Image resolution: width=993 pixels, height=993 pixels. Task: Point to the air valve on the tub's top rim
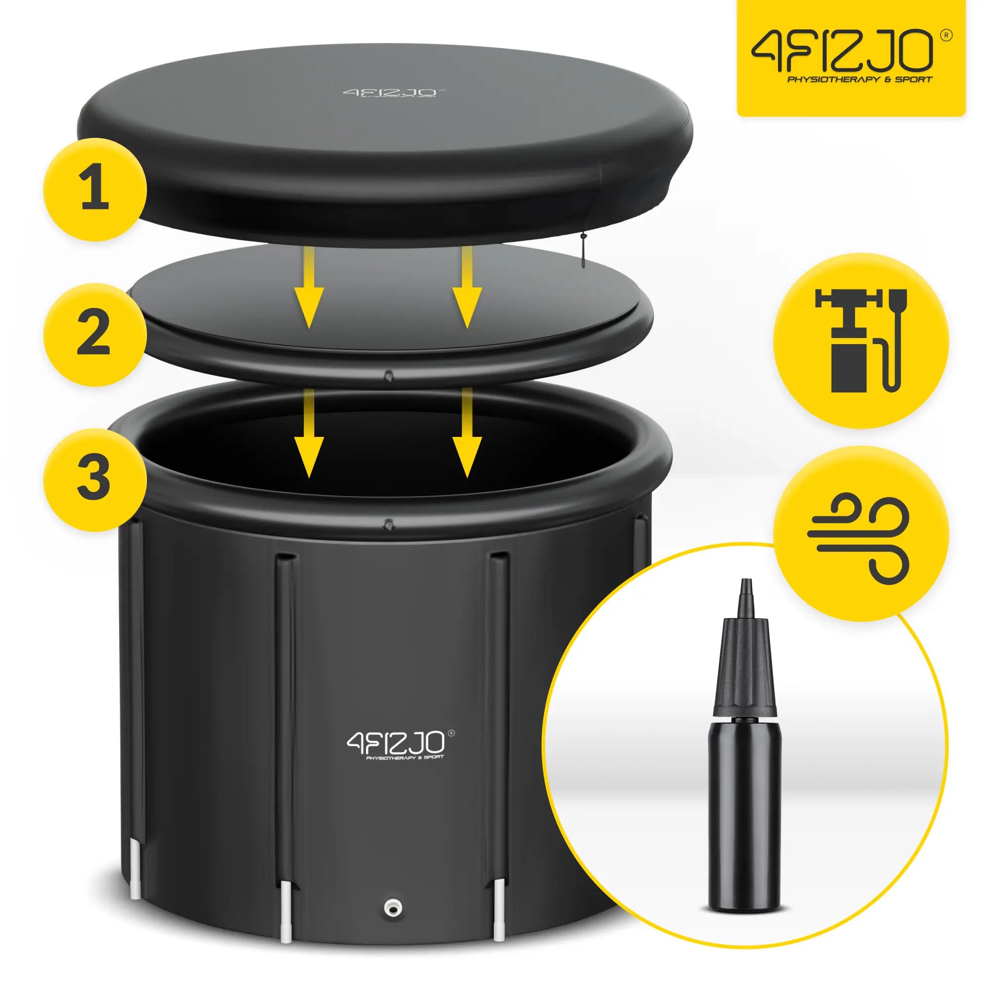point(389,525)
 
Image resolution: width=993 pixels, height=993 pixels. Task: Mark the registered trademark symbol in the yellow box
point(948,36)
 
